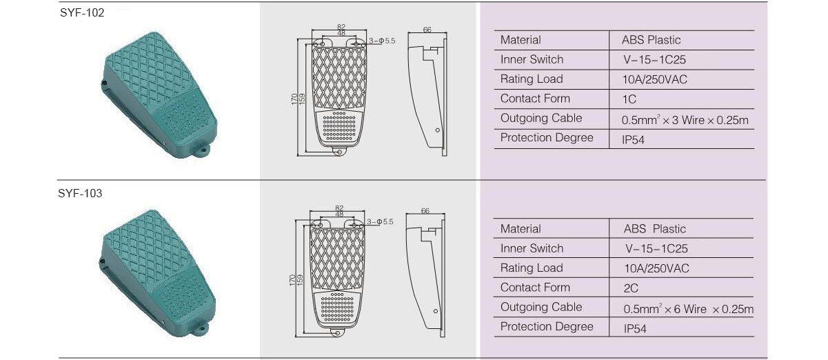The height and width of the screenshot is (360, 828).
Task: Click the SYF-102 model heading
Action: [x=82, y=13]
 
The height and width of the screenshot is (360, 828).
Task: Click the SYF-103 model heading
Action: [x=80, y=193]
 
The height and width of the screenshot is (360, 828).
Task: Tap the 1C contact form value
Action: [x=629, y=99]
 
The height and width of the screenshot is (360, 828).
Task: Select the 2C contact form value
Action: [x=631, y=288]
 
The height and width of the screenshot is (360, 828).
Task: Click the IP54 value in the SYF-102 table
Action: [x=633, y=140]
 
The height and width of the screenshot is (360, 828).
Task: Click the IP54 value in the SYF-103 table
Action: [x=635, y=328]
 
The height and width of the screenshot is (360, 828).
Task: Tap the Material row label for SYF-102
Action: [x=521, y=40]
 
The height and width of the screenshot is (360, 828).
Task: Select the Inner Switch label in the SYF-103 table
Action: [x=532, y=248]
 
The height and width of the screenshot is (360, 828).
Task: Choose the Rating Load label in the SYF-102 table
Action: [x=532, y=79]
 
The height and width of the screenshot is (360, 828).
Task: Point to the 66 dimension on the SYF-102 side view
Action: [x=427, y=30]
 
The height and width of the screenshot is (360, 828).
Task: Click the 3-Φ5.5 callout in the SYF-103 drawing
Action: [x=380, y=222]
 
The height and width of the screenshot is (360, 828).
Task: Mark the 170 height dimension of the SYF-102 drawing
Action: [x=294, y=99]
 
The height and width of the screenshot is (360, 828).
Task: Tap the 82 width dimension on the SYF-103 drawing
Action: [x=339, y=208]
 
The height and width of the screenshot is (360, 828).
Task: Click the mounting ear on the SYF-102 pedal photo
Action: [x=202, y=151]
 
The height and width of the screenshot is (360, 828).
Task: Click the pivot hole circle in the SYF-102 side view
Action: [x=438, y=130]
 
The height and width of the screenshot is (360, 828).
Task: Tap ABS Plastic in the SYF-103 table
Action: [x=655, y=229]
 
